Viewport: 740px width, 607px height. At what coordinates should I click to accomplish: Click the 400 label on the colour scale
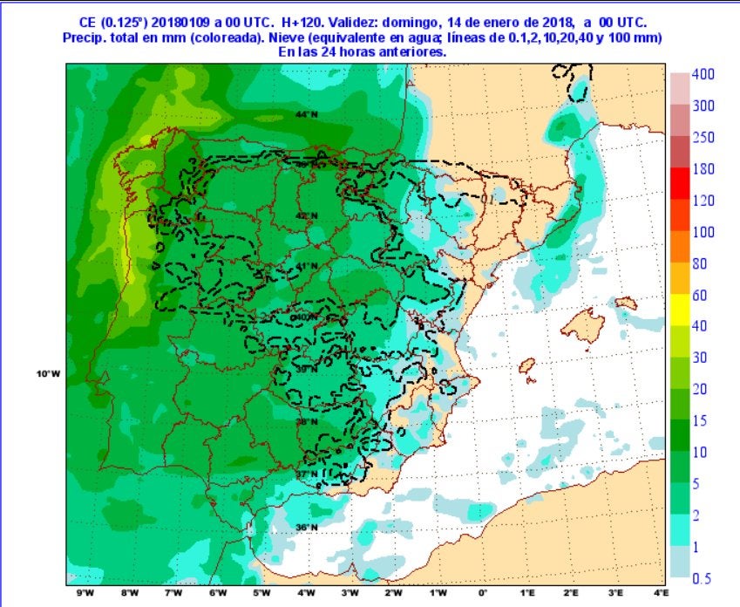703,75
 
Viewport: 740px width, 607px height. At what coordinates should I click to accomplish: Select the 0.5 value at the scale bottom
702,578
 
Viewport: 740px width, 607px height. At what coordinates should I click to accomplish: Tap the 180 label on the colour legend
703,169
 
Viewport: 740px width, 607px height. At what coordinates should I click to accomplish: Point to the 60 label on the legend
700,295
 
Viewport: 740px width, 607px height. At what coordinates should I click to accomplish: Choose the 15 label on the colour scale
700,420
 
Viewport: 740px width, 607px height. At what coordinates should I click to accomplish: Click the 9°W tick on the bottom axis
85,594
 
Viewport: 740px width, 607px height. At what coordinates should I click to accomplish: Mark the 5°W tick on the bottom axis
261,594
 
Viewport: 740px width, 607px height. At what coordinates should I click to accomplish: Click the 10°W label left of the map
48,374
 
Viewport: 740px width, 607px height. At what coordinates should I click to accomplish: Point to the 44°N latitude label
305,115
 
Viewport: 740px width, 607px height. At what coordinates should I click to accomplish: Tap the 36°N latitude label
305,528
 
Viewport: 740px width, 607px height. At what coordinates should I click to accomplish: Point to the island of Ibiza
526,368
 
